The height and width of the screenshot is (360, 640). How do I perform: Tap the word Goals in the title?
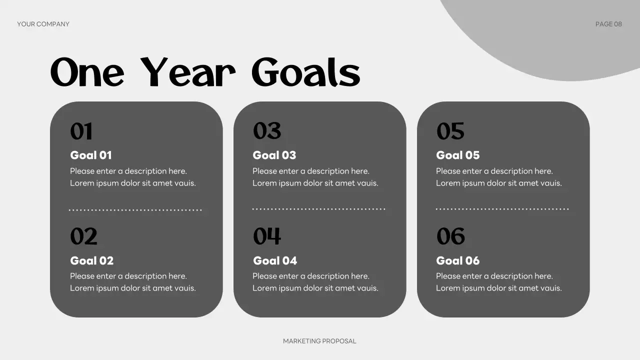point(305,72)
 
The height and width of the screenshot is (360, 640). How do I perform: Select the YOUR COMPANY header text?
point(43,24)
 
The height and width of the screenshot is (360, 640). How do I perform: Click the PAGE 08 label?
point(608,24)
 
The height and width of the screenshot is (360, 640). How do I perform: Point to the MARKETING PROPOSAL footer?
point(319,341)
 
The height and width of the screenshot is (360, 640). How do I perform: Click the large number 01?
point(81,131)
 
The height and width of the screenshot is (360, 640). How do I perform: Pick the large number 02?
point(83,236)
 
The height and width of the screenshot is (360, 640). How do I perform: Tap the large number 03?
point(267,131)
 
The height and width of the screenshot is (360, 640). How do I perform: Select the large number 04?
point(267,236)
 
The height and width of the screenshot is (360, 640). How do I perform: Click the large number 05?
point(450,131)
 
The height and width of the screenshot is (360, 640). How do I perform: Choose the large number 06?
point(450,236)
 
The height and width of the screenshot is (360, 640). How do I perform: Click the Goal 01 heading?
point(91,155)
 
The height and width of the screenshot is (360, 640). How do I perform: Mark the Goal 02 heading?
point(92,260)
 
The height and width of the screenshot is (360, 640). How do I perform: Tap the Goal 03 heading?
point(274,155)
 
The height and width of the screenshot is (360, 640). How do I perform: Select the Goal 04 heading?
point(275,260)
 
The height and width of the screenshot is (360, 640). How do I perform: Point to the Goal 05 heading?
point(458,155)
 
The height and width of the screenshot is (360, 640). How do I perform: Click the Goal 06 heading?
point(458,260)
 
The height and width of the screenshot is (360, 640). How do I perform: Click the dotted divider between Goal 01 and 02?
point(135,210)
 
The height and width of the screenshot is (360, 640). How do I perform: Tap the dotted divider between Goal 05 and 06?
point(502,209)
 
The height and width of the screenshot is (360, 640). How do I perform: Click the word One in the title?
point(87,72)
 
